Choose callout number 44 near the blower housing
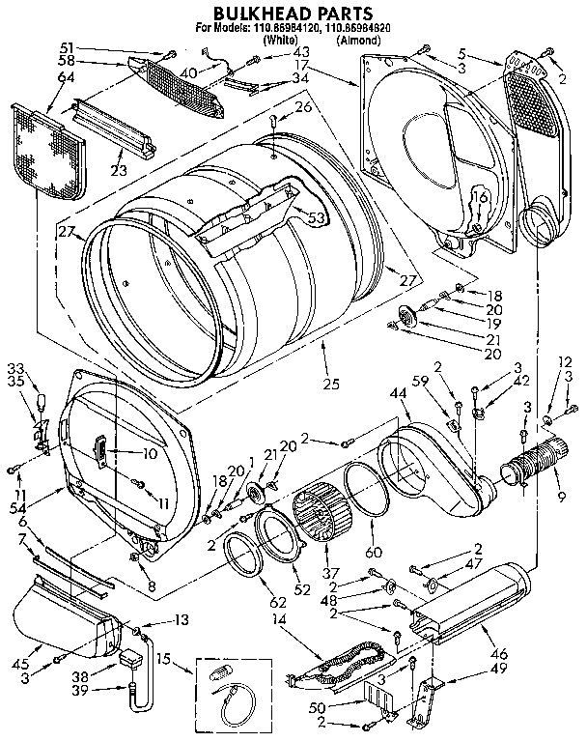point(398,394)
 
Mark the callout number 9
point(561,499)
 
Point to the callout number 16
point(475,198)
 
